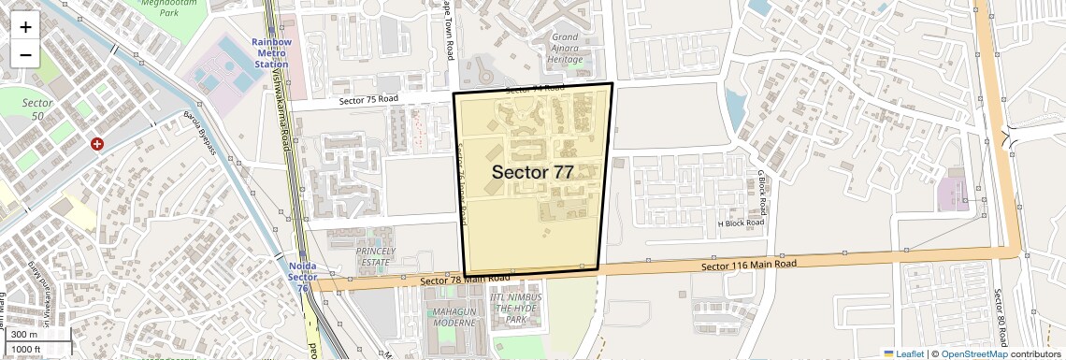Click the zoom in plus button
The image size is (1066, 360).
(25, 26)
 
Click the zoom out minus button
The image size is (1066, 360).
(25, 54)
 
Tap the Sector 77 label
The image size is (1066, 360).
(532, 172)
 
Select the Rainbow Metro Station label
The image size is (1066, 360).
(271, 52)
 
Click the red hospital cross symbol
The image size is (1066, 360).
(96, 144)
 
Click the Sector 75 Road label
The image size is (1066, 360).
(368, 99)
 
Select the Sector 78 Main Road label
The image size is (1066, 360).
(465, 280)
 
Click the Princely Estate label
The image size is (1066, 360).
(374, 256)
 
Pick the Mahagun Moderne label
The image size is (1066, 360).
(454, 316)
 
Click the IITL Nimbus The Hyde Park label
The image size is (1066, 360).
(518, 308)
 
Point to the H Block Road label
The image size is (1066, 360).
(741, 223)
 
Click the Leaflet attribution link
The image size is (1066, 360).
(904, 353)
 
